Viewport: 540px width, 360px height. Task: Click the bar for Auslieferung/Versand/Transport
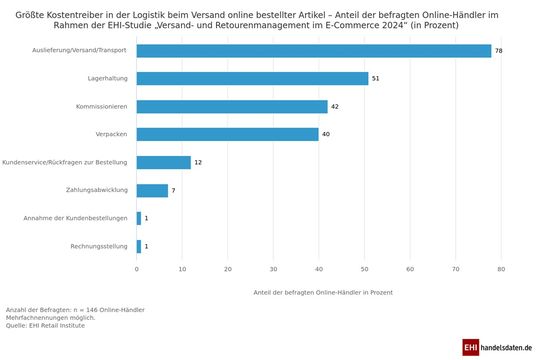click(314, 50)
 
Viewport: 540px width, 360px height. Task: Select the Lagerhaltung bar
click(253, 78)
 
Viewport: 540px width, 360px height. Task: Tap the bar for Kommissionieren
click(232, 106)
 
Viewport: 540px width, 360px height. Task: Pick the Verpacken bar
click(228, 134)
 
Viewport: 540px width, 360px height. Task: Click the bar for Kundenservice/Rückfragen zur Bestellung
click(164, 162)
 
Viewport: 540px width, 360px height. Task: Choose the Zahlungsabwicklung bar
click(153, 190)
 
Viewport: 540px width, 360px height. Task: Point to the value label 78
click(499, 50)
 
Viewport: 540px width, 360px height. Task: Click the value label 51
click(376, 78)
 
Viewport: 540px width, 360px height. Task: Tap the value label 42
click(335, 106)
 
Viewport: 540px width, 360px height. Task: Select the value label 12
click(198, 162)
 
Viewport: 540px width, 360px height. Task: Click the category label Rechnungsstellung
click(99, 246)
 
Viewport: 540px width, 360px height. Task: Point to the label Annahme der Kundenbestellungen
click(76, 218)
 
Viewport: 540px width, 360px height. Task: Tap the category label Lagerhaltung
click(106, 78)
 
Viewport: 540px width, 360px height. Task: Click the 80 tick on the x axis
click(501, 269)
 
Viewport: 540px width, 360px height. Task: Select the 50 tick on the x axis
click(365, 269)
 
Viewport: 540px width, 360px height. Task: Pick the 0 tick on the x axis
click(137, 269)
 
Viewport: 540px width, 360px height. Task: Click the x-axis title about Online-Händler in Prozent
click(318, 291)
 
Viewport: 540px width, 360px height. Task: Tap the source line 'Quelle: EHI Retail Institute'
click(44, 324)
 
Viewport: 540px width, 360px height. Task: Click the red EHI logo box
click(471, 346)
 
